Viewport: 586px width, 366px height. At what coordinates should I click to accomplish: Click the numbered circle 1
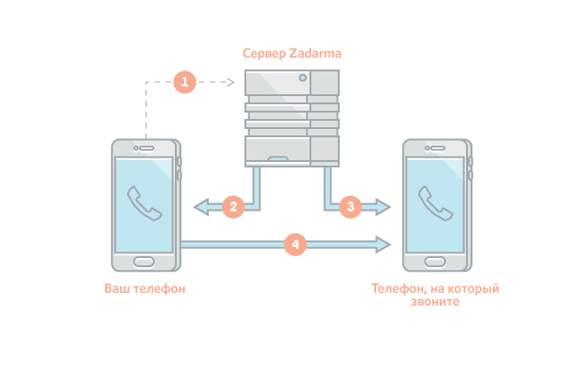point(185,81)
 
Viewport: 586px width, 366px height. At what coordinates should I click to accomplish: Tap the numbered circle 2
point(233,207)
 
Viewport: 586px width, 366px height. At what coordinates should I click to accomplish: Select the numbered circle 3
point(351,207)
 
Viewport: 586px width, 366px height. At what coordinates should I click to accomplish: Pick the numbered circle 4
point(295,244)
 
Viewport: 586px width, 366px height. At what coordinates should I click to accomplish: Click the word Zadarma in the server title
point(315,53)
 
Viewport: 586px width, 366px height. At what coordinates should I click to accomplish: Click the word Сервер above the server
point(265,54)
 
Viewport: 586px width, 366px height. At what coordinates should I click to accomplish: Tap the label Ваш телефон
point(145,289)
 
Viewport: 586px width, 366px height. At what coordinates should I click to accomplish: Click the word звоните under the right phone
point(435,301)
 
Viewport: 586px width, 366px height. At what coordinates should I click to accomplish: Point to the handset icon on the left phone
point(145,203)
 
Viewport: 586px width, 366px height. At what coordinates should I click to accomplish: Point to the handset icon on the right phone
point(436,203)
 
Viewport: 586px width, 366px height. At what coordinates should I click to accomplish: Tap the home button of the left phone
point(144,262)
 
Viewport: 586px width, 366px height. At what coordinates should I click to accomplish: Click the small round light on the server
point(303,78)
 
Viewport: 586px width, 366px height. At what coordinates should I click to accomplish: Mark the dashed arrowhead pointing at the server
point(231,82)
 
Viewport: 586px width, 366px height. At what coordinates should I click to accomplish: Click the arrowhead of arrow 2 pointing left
point(201,207)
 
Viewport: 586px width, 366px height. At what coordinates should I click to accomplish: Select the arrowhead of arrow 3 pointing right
point(383,207)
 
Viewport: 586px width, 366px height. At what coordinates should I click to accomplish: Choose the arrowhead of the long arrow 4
point(383,244)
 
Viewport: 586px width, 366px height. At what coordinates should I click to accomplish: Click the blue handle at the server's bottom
point(277,158)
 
